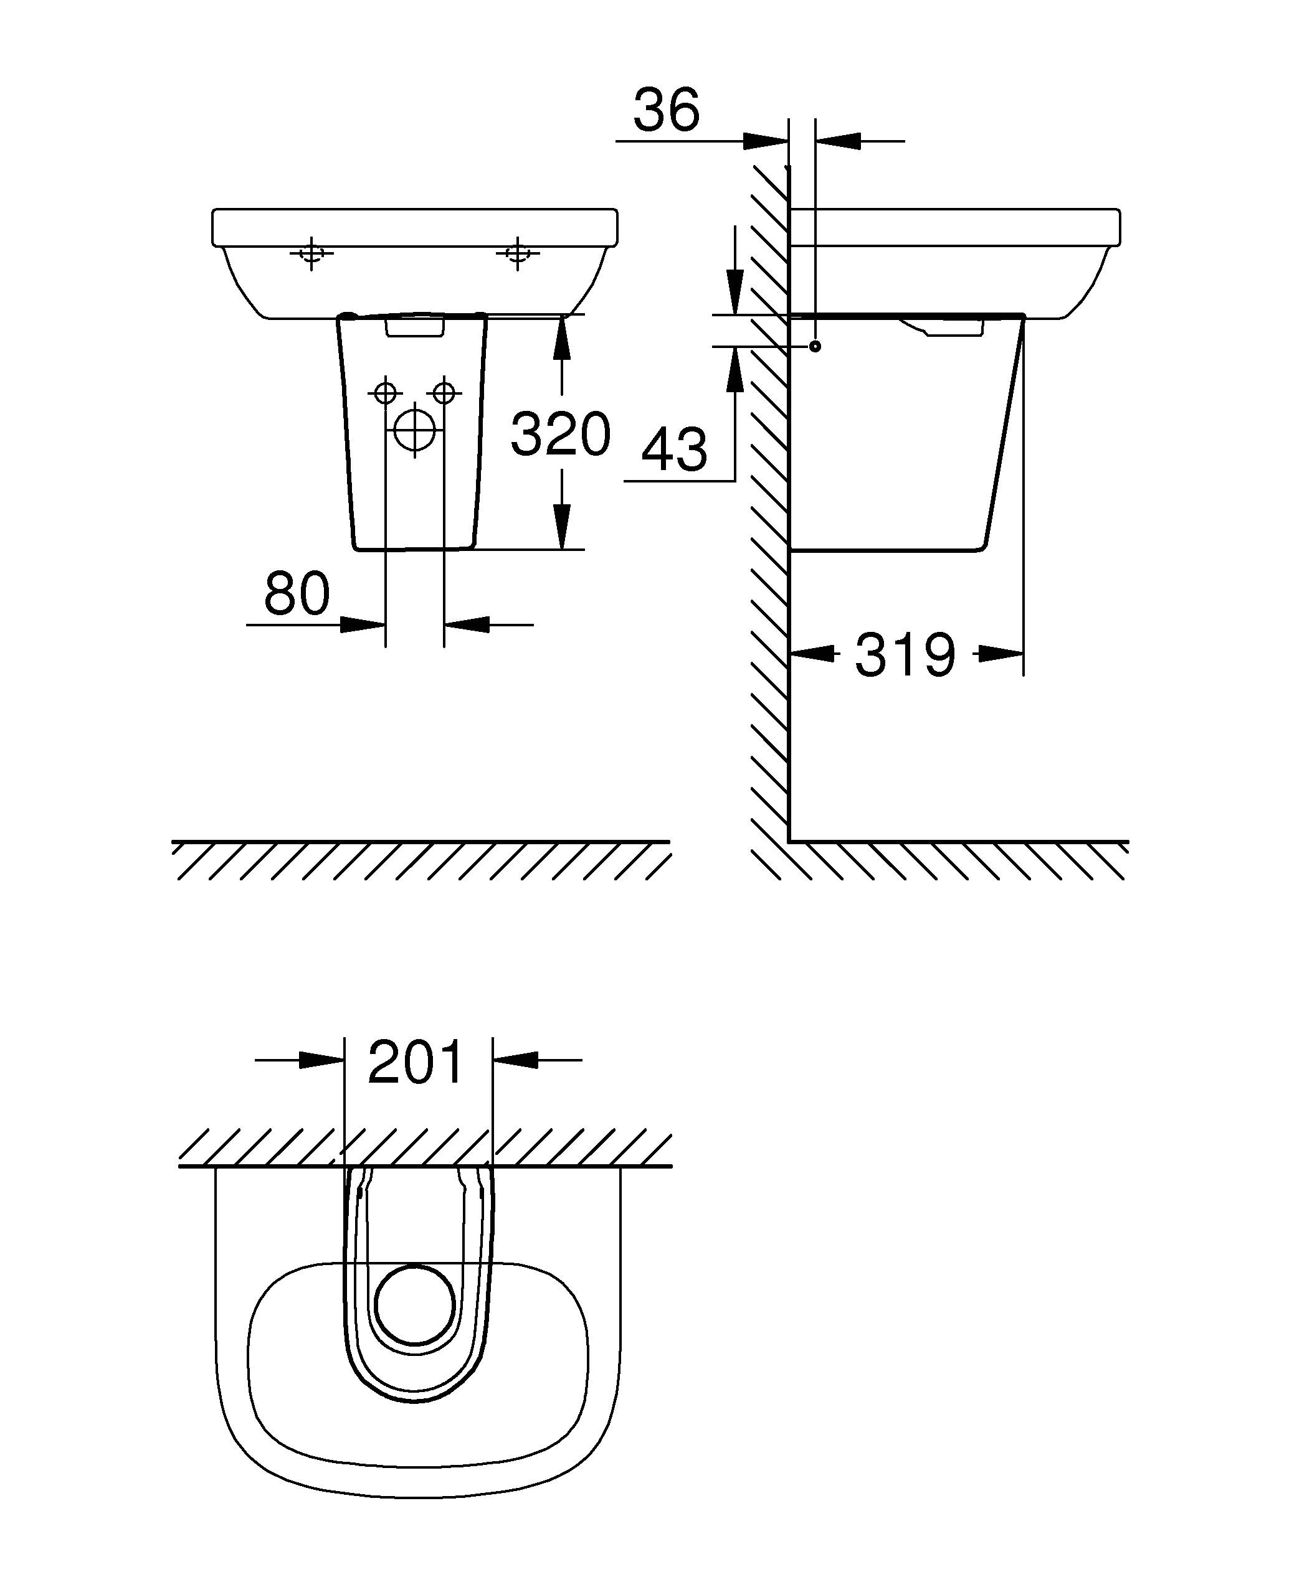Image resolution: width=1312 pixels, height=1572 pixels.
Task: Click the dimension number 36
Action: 666,110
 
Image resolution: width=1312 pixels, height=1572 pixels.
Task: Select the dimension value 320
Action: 560,435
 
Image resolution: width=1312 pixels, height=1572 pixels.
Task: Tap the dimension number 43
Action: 674,451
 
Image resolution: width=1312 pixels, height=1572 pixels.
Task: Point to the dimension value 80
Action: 297,593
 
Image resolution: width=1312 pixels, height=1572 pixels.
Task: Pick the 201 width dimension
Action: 416,1063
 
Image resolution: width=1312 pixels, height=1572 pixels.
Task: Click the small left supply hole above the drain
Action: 385,392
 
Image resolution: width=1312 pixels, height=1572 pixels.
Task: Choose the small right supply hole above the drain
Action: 444,392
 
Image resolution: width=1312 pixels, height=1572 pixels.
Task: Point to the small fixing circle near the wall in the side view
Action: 815,347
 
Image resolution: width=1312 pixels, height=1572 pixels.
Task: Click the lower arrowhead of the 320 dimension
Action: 563,528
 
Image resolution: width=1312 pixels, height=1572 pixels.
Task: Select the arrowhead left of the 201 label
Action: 320,1060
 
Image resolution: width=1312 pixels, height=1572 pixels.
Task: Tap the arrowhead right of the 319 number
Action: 1001,654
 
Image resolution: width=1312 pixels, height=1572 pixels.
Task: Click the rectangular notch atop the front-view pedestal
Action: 415,327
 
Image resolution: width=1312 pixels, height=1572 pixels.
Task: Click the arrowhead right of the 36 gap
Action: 838,141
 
